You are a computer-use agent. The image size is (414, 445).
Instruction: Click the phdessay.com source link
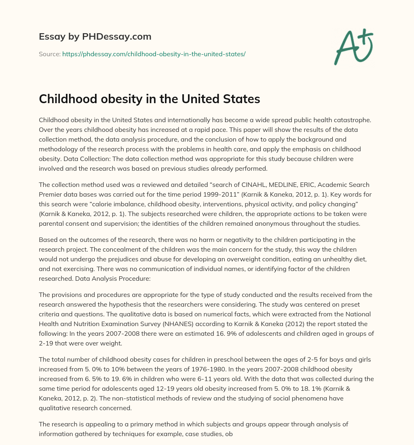tap(154, 54)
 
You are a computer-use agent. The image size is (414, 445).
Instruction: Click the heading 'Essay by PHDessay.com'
tap(95, 36)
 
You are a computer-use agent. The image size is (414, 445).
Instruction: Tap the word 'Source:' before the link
tap(50, 54)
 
